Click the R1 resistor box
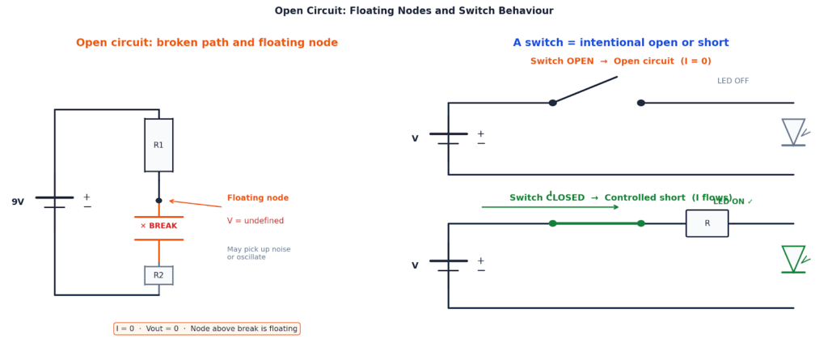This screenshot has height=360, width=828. (158, 146)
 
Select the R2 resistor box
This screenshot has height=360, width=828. (158, 275)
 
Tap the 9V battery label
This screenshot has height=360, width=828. (18, 202)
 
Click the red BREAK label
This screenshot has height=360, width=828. (158, 227)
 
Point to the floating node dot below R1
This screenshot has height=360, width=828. (158, 201)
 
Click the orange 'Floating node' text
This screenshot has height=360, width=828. (257, 198)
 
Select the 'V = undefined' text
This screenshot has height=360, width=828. (256, 221)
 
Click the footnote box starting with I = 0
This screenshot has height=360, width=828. (207, 328)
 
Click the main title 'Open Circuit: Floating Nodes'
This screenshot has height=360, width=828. (414, 11)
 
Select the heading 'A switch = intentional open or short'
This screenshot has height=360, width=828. (620, 43)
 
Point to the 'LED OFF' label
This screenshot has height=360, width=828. (733, 81)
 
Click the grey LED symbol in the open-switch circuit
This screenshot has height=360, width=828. (793, 132)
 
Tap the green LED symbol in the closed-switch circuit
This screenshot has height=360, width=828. (793, 259)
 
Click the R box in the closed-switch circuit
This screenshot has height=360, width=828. (707, 223)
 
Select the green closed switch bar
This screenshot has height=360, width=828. (597, 223)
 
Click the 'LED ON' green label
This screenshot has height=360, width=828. (733, 201)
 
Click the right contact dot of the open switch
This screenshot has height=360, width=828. (641, 103)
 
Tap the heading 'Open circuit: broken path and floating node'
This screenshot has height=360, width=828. (207, 43)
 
